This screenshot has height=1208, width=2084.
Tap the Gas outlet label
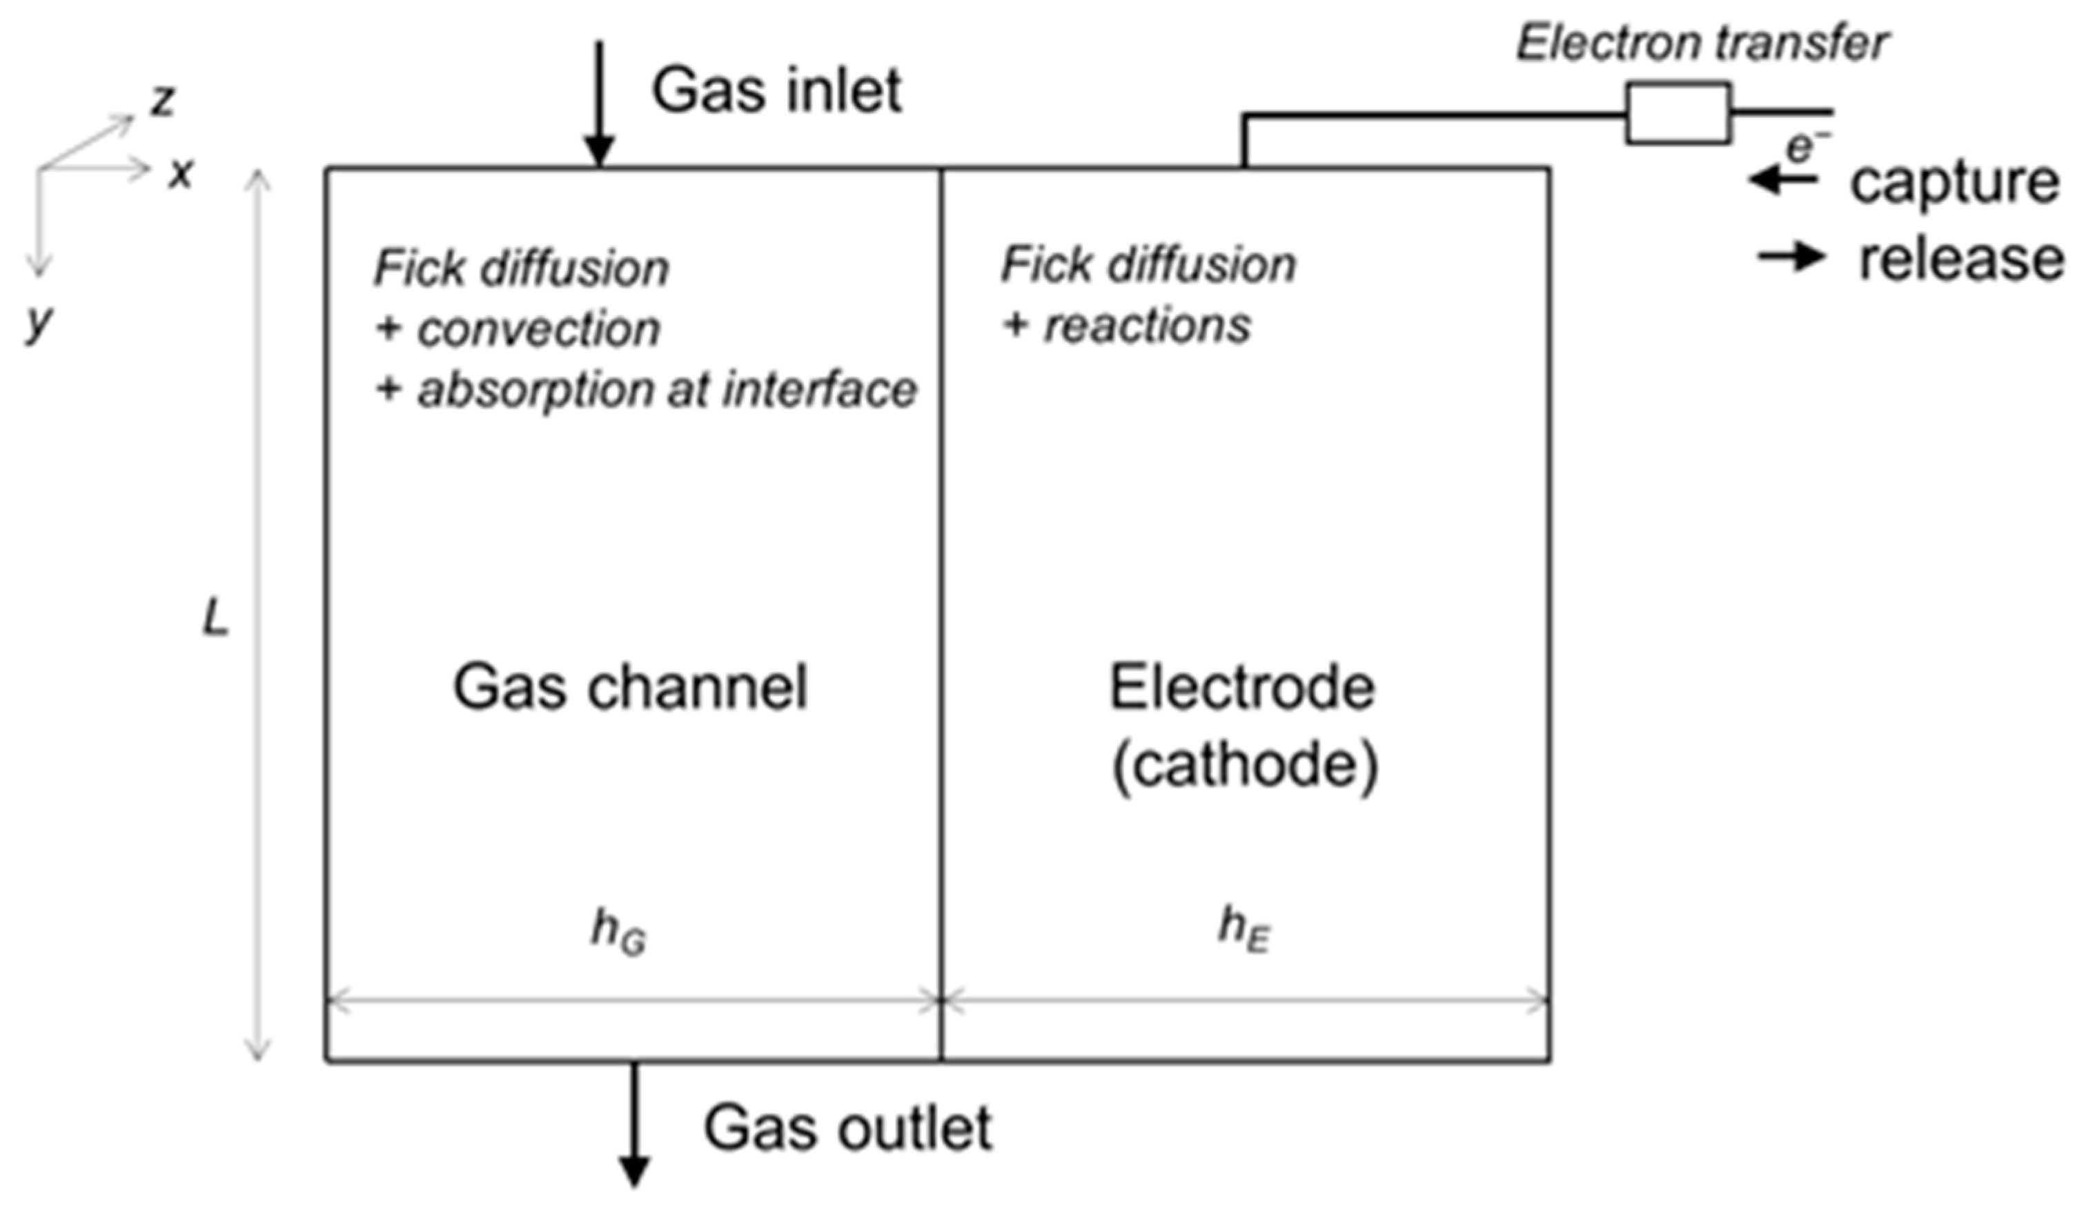click(x=847, y=1128)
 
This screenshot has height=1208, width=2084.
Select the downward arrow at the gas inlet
click(x=599, y=103)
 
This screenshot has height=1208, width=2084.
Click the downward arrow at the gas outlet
click(x=634, y=1124)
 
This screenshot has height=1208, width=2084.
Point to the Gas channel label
click(x=629, y=687)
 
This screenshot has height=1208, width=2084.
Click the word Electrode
click(x=1241, y=687)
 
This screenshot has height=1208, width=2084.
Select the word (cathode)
click(x=1245, y=768)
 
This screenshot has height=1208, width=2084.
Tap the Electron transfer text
click(x=1702, y=43)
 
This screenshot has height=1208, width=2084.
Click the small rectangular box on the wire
click(x=1678, y=113)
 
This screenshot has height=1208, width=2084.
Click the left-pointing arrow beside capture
click(x=1784, y=179)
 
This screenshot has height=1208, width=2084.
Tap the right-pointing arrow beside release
click(x=1791, y=257)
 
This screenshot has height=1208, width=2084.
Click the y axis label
click(x=39, y=321)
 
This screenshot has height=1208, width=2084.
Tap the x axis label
click(x=180, y=174)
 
